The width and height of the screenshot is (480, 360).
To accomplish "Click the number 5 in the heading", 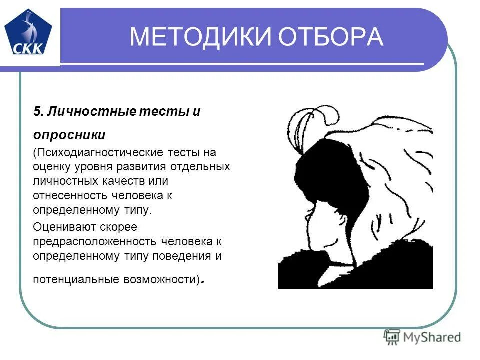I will pos(36,111).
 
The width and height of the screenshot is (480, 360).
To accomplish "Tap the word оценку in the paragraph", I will pos(51,166).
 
